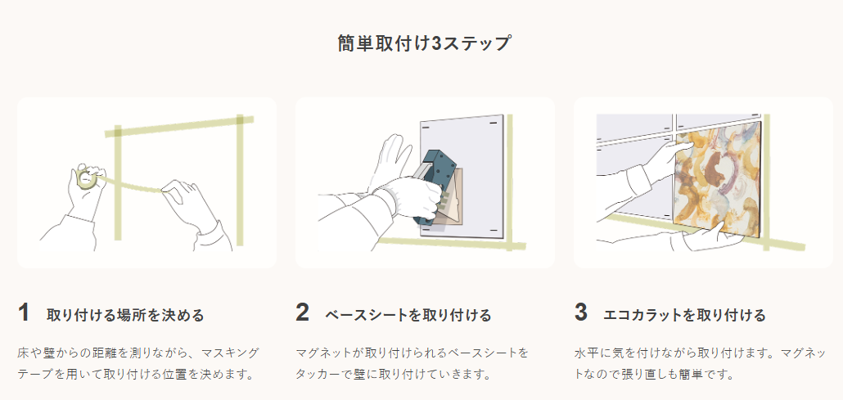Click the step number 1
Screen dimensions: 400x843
pyautogui.click(x=24, y=313)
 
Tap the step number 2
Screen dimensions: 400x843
pyautogui.click(x=303, y=313)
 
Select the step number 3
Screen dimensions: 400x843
pyautogui.click(x=581, y=313)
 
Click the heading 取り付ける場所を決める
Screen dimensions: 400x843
pyautogui.click(x=124, y=315)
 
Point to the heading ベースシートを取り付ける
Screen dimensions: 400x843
pyautogui.click(x=408, y=315)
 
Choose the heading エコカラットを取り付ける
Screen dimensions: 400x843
pyautogui.click(x=684, y=315)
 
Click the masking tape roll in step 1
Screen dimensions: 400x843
pyautogui.click(x=85, y=178)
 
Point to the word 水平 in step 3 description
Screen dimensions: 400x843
pyautogui.click(x=588, y=353)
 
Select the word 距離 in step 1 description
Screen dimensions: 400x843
pyautogui.click(x=105, y=353)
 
